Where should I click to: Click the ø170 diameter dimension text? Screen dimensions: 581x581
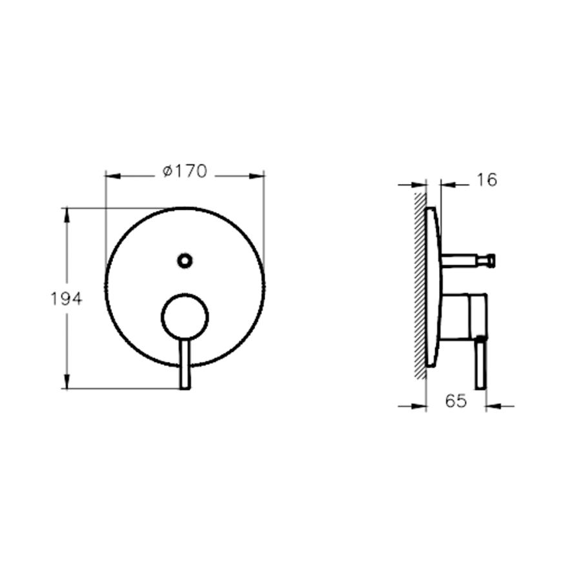185,172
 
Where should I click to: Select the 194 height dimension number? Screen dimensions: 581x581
66,299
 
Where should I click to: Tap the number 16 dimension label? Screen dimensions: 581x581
487,180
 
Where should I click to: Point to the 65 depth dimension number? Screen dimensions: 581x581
455,401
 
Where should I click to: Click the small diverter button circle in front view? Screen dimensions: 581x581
185,260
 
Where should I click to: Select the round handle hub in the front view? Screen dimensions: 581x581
185,317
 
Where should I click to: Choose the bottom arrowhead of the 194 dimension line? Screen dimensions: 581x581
66,382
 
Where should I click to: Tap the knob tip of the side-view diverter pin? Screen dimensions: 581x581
491,260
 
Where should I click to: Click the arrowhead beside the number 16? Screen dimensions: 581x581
447,185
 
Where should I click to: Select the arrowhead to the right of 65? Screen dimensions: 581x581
493,406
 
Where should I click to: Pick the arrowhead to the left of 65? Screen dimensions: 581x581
420,406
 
